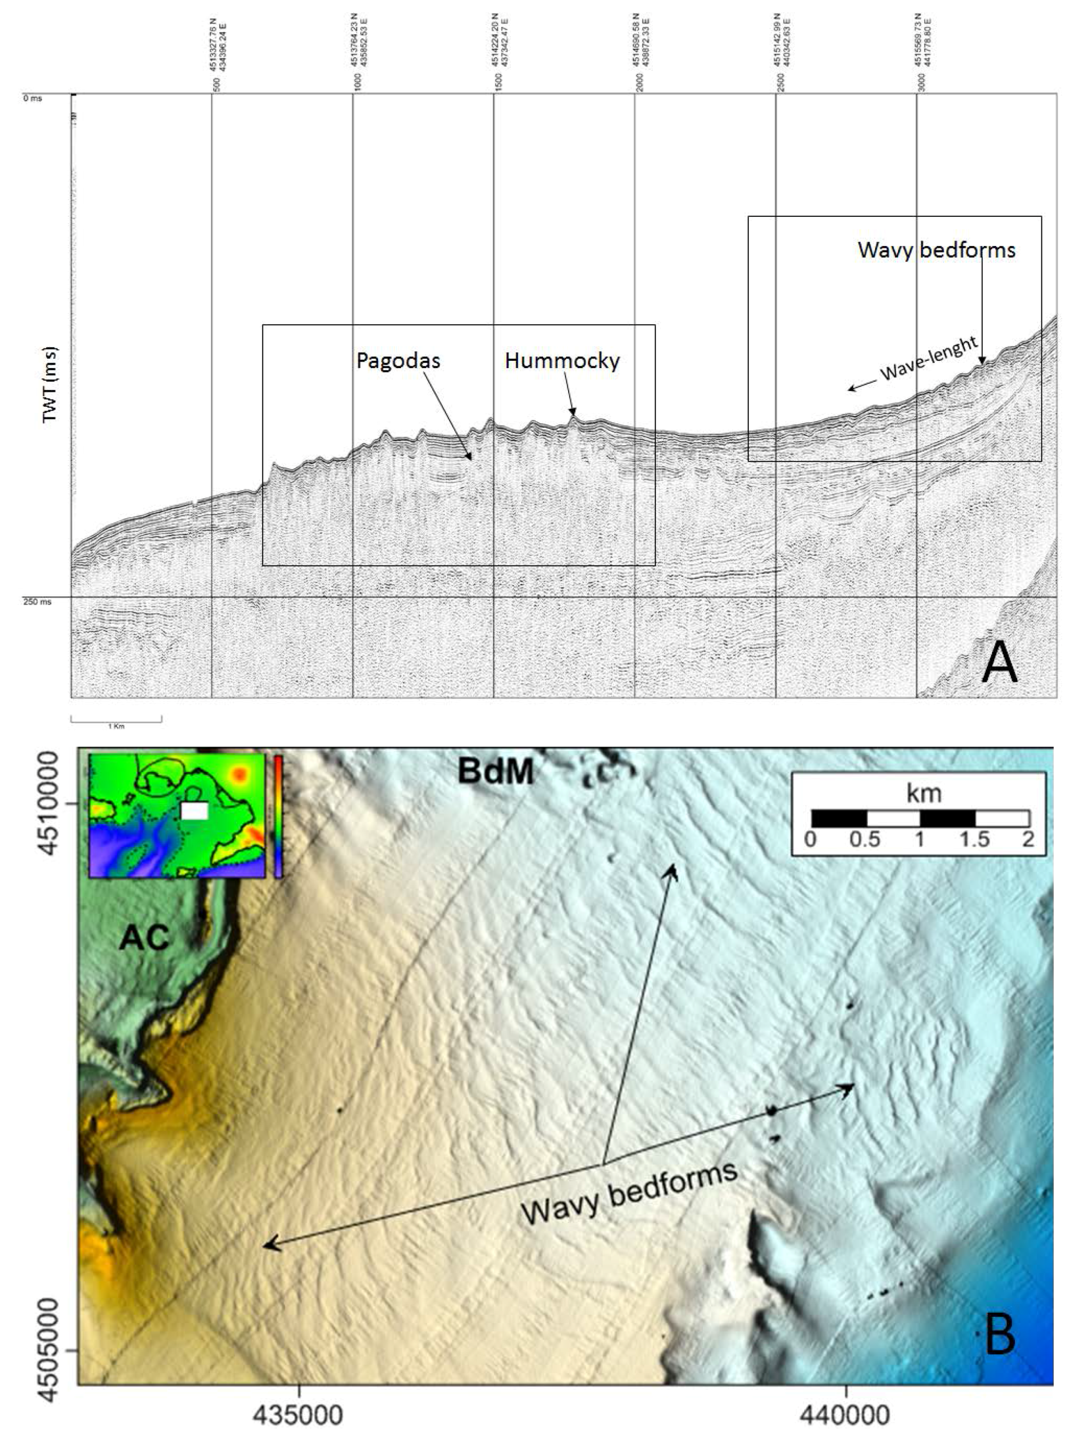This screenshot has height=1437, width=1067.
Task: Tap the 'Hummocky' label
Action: pos(562,360)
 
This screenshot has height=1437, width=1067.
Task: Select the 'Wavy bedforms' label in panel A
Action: pos(936,250)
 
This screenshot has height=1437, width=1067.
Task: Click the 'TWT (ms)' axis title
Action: pos(50,385)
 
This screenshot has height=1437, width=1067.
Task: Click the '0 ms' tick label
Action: pos(32,98)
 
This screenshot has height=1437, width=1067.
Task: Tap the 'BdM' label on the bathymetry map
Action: pos(496,771)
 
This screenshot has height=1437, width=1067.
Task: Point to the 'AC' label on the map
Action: pos(144,937)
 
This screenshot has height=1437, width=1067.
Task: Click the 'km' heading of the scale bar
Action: pos(923,793)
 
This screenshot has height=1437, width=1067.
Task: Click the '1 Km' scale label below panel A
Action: pos(116,726)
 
